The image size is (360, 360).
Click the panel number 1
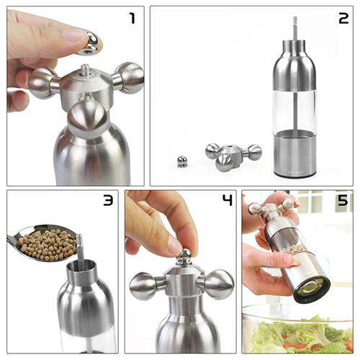[132, 19]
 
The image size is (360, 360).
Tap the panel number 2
[343, 19]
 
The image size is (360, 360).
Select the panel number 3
[108, 200]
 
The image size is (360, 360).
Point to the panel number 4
[228, 200]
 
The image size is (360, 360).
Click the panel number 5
[343, 200]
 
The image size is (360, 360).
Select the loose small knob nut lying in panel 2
[181, 161]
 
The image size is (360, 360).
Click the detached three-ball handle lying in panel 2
[233, 157]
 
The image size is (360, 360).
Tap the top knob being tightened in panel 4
[184, 257]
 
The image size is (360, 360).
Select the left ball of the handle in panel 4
[142, 286]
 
